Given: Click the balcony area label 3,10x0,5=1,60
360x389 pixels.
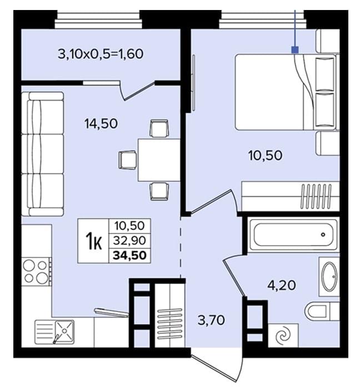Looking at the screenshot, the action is [101, 54].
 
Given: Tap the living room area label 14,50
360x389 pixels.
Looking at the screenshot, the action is [101, 123].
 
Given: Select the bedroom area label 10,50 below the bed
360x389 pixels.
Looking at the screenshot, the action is [265, 155].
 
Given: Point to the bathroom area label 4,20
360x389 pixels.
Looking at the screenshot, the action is [282, 285].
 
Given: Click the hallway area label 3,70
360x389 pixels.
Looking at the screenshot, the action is [212, 320].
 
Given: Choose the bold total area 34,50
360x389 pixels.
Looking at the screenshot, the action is [129, 255].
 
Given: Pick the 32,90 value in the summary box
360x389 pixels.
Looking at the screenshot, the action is [129, 241].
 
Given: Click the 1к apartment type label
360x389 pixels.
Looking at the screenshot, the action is [94, 241].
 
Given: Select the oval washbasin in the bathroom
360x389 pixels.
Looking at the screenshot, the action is [329, 276].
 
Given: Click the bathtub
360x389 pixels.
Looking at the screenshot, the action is [293, 234].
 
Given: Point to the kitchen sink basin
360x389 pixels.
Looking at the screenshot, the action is [64, 331].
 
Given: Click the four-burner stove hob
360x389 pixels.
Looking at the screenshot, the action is [36, 272].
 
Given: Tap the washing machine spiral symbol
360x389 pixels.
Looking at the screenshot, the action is [283, 336].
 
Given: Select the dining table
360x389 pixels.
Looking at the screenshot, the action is [159, 160].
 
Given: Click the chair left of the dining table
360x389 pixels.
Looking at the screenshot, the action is [127, 159].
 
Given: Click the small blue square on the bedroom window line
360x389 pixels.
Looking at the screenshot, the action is [295, 50].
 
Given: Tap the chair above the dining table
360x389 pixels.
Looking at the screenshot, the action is [159, 128].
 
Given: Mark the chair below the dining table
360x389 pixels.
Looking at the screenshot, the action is [159, 191].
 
